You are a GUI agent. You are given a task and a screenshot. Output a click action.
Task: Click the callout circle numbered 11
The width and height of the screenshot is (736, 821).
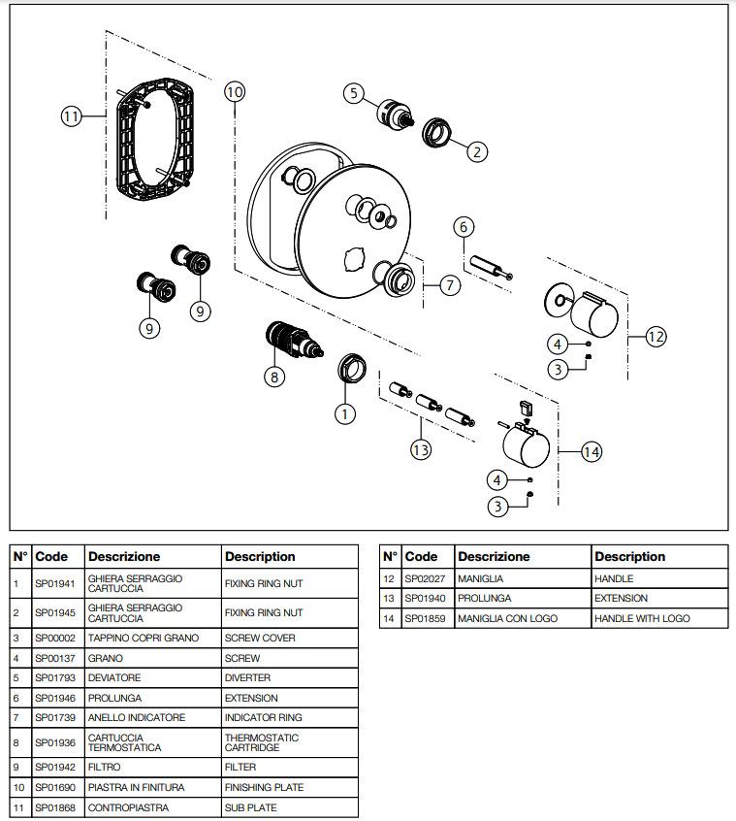[71, 116]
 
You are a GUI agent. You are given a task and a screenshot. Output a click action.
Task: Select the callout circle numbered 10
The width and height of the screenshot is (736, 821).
[235, 92]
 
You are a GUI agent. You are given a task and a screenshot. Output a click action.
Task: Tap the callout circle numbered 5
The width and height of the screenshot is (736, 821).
[354, 93]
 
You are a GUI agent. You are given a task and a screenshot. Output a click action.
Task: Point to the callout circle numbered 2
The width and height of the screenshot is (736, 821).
[476, 150]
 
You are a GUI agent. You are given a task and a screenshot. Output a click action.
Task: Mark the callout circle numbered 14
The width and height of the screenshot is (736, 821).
[592, 451]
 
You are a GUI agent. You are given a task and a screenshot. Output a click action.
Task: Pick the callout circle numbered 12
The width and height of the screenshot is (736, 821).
[656, 337]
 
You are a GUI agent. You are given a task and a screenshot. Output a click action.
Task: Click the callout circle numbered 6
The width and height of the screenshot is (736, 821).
[464, 226]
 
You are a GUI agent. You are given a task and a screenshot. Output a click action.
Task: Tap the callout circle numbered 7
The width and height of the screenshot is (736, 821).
[450, 285]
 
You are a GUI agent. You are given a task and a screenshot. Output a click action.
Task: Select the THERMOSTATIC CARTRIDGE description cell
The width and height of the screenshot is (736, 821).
[262, 742]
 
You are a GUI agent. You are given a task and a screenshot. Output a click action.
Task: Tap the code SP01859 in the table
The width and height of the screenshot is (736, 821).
[425, 618]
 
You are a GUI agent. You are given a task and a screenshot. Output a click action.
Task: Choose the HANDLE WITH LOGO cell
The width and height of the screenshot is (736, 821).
[642, 618]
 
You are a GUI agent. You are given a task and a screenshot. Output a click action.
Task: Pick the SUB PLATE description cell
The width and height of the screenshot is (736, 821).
[250, 807]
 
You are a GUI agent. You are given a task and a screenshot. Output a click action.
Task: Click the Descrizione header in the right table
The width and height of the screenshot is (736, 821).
[494, 557]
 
